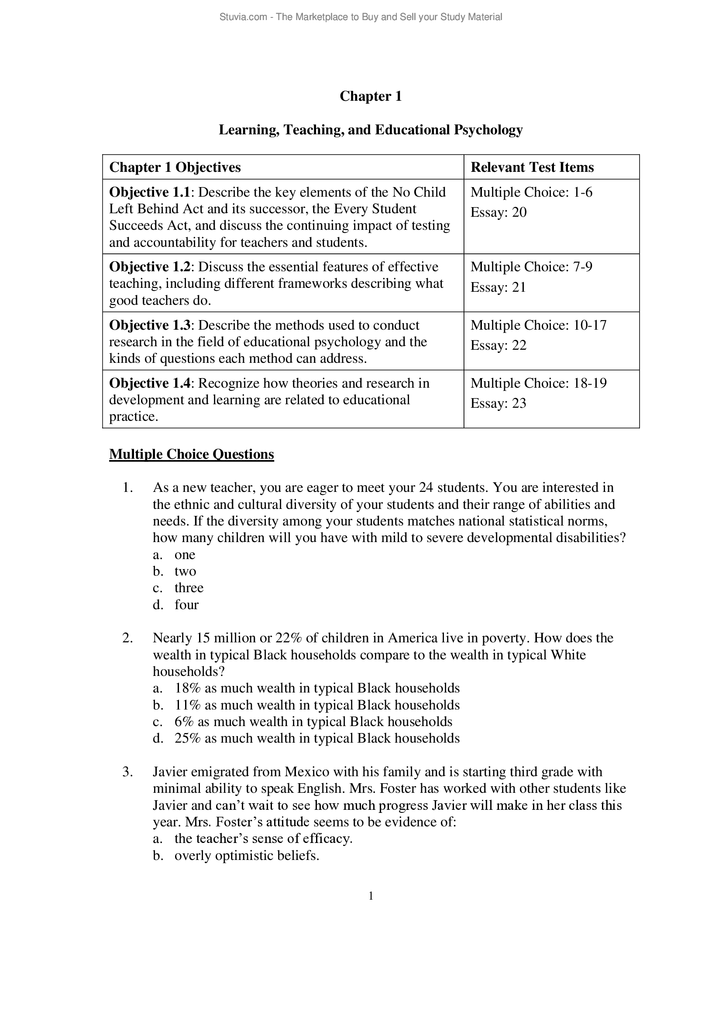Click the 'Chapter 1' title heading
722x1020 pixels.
[370, 96]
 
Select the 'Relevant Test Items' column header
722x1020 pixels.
[532, 167]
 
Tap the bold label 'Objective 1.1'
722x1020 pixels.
[149, 192]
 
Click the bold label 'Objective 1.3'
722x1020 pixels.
[149, 325]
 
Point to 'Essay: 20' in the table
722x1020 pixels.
[498, 212]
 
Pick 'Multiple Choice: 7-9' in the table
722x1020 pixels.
[531, 267]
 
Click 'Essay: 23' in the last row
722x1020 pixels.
[498, 403]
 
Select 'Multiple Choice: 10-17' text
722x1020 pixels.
[538, 325]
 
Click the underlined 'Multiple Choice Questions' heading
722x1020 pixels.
[191, 454]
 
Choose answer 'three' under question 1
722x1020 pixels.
[189, 588]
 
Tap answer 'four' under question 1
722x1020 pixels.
[186, 604]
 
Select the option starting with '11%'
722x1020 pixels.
[316, 705]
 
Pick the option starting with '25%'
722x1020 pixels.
[316, 738]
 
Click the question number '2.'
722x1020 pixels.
[127, 638]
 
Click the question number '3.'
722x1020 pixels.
[127, 772]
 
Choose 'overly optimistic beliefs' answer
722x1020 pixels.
[246, 856]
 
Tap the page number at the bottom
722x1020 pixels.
[370, 896]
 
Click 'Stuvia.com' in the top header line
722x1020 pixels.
[243, 17]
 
